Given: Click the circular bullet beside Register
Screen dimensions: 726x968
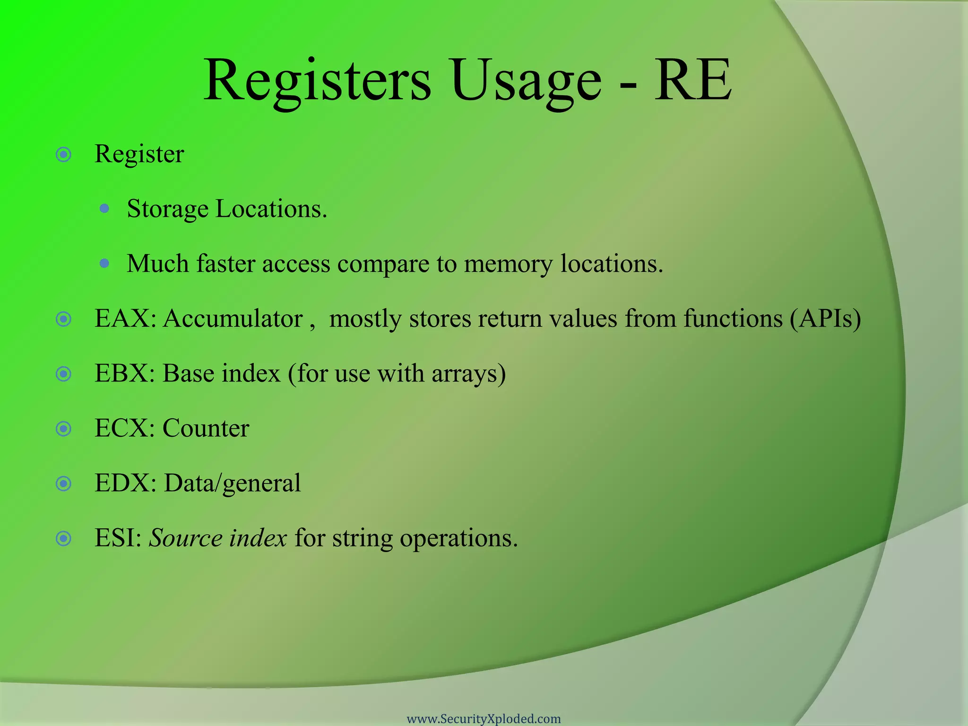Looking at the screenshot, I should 63,155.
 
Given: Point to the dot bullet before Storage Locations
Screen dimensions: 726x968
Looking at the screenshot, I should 105,208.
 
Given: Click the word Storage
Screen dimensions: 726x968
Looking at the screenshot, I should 167,209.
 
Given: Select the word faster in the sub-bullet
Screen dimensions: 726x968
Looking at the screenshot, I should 225,264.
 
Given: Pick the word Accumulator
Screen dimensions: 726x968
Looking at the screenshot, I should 233,319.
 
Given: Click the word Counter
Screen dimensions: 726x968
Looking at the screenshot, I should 206,428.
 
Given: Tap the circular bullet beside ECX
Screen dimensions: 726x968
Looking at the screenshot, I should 63,429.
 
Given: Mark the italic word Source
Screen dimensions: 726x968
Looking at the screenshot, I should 185,538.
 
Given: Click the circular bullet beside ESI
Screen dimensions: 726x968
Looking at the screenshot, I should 63,538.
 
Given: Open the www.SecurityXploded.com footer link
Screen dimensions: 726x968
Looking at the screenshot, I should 484,719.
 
